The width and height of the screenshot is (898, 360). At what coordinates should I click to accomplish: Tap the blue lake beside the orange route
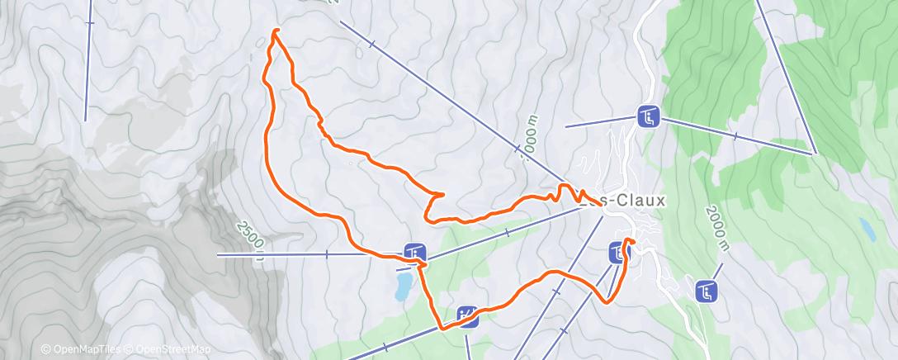click(x=404, y=287)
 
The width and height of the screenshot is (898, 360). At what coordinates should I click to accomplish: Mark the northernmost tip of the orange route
click(x=276, y=31)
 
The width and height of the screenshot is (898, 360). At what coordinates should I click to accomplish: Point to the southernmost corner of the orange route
click(x=443, y=328)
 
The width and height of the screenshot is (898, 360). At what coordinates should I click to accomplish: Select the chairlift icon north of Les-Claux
click(x=648, y=118)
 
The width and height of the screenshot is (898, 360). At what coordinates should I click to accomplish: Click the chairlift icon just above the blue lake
click(x=414, y=252)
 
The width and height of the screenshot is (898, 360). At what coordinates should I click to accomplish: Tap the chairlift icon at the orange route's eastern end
click(x=617, y=253)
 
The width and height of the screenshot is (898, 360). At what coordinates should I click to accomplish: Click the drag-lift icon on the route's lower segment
click(x=467, y=315)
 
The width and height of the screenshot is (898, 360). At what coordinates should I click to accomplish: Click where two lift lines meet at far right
click(x=815, y=153)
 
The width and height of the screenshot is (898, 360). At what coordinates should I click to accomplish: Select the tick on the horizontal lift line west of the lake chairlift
click(x=327, y=254)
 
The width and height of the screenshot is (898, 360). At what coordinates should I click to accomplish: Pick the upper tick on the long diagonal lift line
click(x=373, y=44)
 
